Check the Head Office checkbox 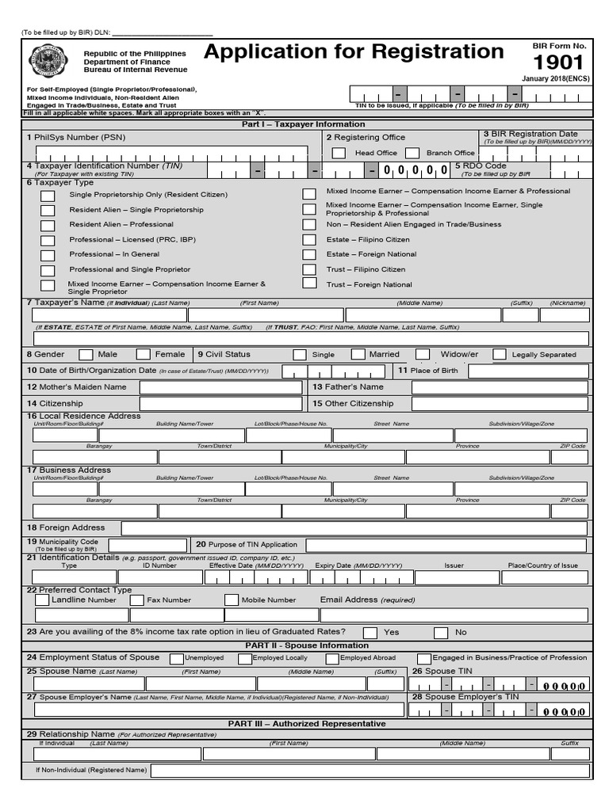click(x=339, y=153)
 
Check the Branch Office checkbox click(x=412, y=153)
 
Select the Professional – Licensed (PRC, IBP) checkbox click(x=48, y=240)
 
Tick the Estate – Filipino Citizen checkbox click(x=309, y=240)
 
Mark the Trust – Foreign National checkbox click(x=309, y=284)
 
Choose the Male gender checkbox click(x=86, y=355)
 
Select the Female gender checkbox click(x=144, y=355)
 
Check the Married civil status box click(x=358, y=355)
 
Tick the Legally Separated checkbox click(x=500, y=355)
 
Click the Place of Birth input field click(x=528, y=371)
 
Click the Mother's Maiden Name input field click(x=220, y=387)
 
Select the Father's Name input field click(x=500, y=387)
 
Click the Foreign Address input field click(x=354, y=528)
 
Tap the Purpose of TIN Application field click(x=447, y=545)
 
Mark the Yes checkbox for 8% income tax click(x=370, y=633)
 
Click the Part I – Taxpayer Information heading click(x=304, y=124)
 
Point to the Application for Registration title click(x=354, y=52)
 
